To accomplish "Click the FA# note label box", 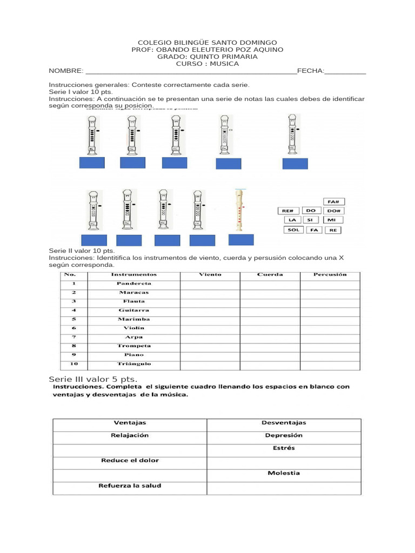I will pyautogui.click(x=333, y=201).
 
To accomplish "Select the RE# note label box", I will pyautogui.click(x=289, y=211).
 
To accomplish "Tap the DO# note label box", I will pyautogui.click(x=333, y=211).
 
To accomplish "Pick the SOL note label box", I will pyautogui.click(x=293, y=230).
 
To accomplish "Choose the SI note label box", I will pyautogui.click(x=310, y=220).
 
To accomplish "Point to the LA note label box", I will pyautogui.click(x=292, y=220).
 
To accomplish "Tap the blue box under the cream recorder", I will pyautogui.click(x=240, y=240).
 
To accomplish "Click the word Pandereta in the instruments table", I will pyautogui.click(x=133, y=283).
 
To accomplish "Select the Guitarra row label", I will pyautogui.click(x=133, y=310).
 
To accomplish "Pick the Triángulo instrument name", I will pyautogui.click(x=133, y=364).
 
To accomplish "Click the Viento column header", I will pyautogui.click(x=210, y=274).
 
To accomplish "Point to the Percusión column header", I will pyautogui.click(x=330, y=274).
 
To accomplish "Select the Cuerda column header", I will pyautogui.click(x=270, y=274).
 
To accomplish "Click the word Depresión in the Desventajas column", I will pyautogui.click(x=284, y=435).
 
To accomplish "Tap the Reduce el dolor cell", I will pyautogui.click(x=130, y=461).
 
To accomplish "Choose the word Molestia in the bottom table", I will pyautogui.click(x=284, y=473).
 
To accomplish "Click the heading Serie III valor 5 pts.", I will pyautogui.click(x=97, y=379).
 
